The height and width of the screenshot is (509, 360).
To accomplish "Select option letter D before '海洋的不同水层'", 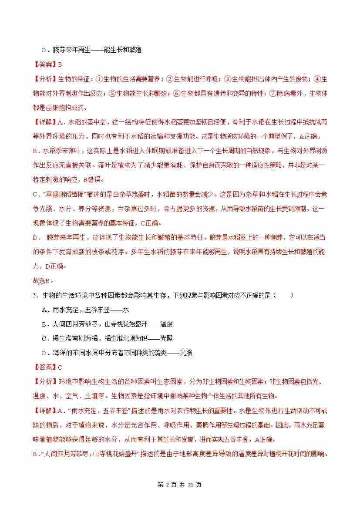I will [44, 353].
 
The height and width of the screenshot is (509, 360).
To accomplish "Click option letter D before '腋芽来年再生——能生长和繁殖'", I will [44, 50].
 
